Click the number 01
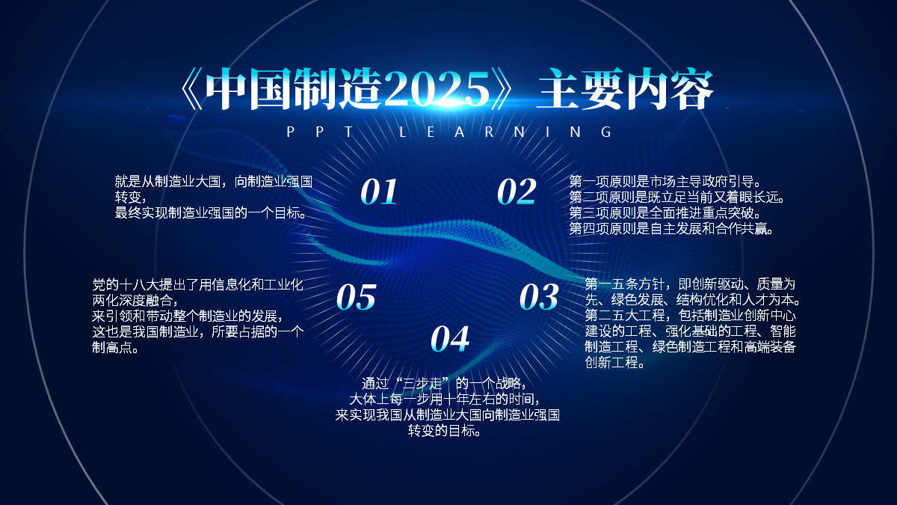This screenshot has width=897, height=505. (x=379, y=192)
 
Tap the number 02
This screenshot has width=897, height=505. (x=517, y=192)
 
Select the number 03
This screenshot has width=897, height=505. (x=539, y=297)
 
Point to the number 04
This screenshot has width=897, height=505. (x=450, y=339)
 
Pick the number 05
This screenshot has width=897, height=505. (x=356, y=297)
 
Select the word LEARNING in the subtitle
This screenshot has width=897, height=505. (x=506, y=132)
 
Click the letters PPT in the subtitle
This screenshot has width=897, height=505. (x=327, y=132)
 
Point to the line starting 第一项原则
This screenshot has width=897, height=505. (x=665, y=181)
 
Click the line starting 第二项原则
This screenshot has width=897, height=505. (x=677, y=198)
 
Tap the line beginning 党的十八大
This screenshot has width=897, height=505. (x=197, y=284)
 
